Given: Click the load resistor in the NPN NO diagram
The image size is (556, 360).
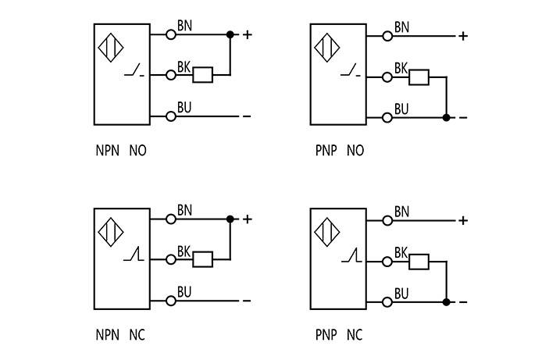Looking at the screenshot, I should pyautogui.click(x=203, y=75).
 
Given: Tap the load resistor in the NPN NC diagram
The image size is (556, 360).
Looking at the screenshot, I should pyautogui.click(x=203, y=259).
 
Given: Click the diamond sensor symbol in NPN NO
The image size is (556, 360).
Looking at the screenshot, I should pyautogui.click(x=110, y=47).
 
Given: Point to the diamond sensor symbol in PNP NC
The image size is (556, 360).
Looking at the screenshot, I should pyautogui.click(x=327, y=232).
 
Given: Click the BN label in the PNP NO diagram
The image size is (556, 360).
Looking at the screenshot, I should pyautogui.click(x=402, y=27).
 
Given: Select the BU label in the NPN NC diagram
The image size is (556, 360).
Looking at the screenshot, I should pyautogui.click(x=184, y=292).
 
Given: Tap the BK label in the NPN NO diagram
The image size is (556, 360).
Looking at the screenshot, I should pyautogui.click(x=184, y=66).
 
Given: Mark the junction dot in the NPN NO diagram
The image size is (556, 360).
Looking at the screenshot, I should pyautogui.click(x=230, y=34).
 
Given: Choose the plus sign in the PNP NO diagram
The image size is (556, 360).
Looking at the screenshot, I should pyautogui.click(x=463, y=36).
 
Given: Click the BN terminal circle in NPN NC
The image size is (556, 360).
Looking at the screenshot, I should pyautogui.click(x=171, y=219).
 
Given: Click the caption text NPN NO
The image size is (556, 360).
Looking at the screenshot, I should pyautogui.click(x=120, y=151).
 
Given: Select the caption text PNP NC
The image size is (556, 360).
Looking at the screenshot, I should pyautogui.click(x=339, y=336).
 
